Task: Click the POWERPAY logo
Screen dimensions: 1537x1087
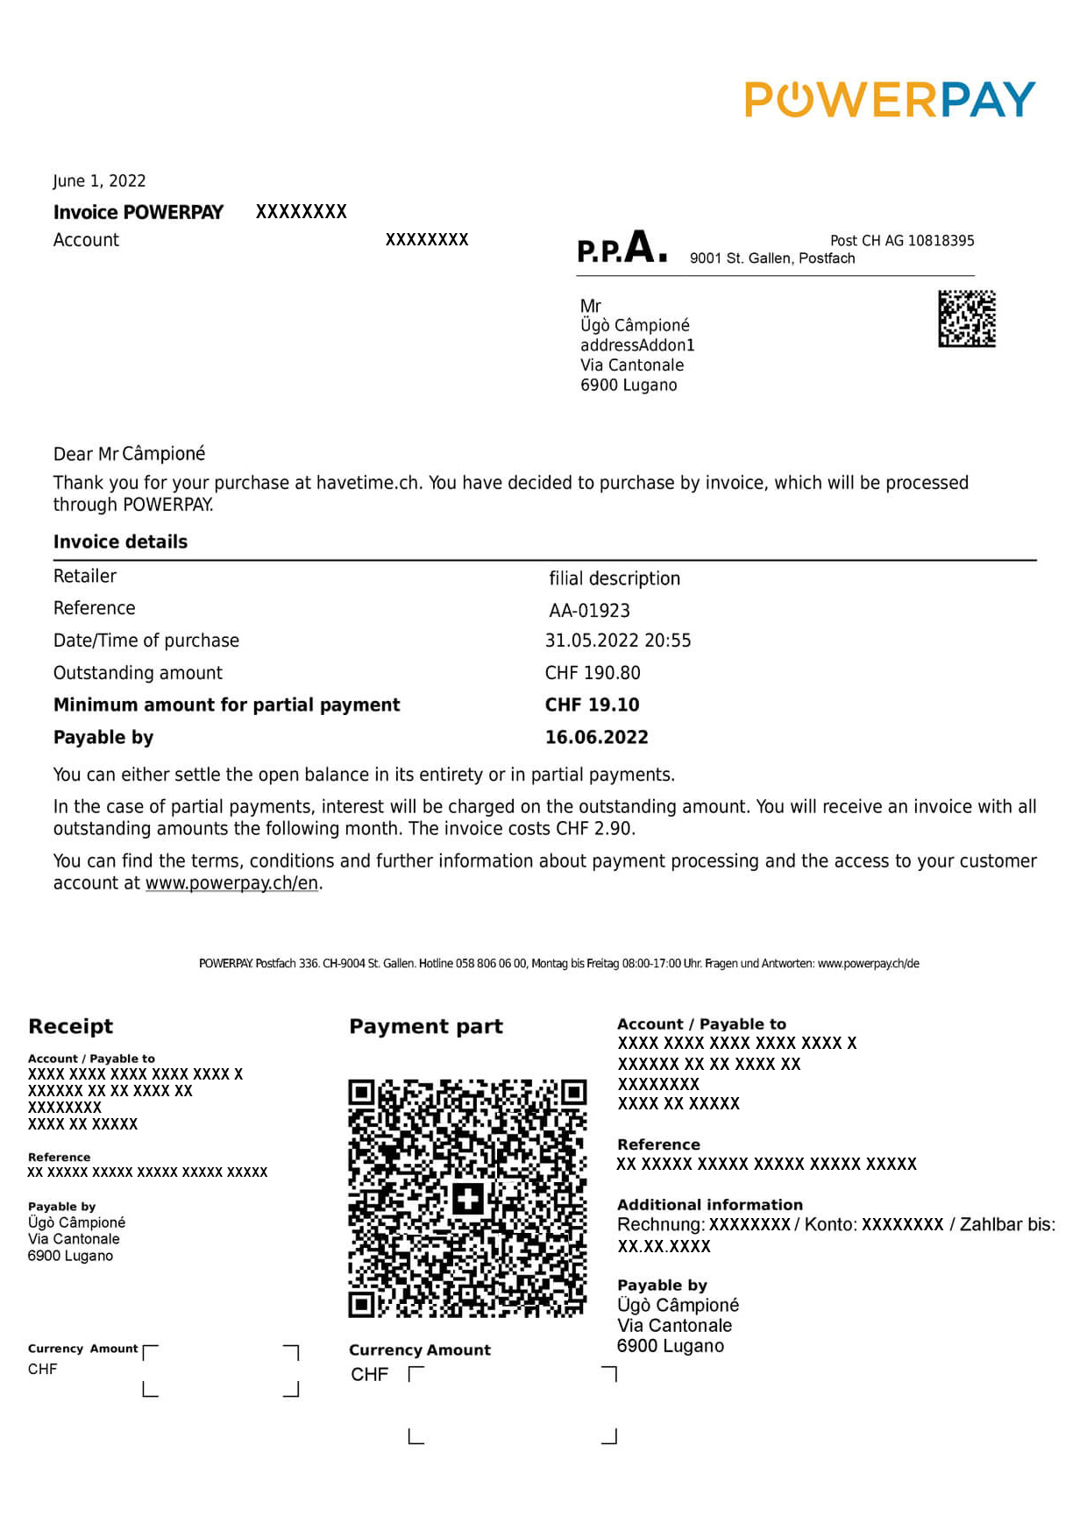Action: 890,100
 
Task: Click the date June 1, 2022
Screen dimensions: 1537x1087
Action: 99,181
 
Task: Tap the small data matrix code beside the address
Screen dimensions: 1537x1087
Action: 966,319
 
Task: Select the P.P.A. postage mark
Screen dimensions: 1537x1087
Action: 622,248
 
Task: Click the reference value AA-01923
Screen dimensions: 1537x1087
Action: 589,611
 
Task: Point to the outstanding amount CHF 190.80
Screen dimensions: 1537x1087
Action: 593,673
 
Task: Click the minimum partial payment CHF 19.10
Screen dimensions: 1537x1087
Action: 592,705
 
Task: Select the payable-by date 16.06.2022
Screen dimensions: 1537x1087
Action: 596,738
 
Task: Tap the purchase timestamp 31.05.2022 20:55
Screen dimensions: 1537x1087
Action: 617,641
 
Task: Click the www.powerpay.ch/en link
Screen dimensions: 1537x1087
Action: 231,883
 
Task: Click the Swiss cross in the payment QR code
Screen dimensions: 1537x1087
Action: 467,1198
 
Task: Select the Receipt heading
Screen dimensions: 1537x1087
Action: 70,1027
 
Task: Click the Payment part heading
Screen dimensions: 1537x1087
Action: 425,1027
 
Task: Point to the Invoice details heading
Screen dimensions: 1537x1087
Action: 120,542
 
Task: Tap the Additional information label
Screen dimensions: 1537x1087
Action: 709,1205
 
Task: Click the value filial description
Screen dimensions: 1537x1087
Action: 614,579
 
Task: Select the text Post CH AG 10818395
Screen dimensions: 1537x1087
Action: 901,241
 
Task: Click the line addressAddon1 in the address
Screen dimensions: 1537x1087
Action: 636,345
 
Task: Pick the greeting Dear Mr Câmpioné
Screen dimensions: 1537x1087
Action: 129,454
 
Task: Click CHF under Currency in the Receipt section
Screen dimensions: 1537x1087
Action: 42,1370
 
